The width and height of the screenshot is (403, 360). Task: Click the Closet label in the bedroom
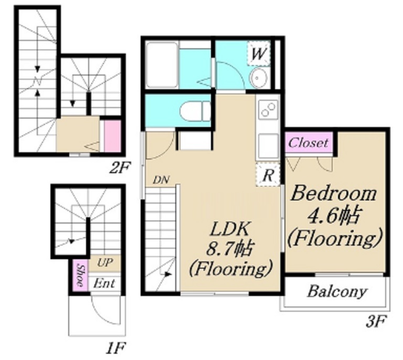[308, 143]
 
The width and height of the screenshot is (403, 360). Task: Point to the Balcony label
[337, 292]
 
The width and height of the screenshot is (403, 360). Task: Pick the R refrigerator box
[268, 175]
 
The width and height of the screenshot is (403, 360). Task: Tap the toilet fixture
[195, 111]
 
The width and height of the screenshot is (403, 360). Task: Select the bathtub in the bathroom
[162, 65]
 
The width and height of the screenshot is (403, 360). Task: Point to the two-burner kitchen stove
[269, 109]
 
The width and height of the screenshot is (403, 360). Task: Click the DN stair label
[161, 180]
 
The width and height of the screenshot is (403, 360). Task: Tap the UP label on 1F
[105, 262]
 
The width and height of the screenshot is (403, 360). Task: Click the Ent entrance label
[104, 284]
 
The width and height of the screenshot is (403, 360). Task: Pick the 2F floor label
[120, 167]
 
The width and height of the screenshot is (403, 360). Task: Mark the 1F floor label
[115, 348]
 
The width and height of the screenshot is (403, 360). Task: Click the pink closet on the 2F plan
[112, 136]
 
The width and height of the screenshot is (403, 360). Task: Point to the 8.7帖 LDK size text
[230, 249]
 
